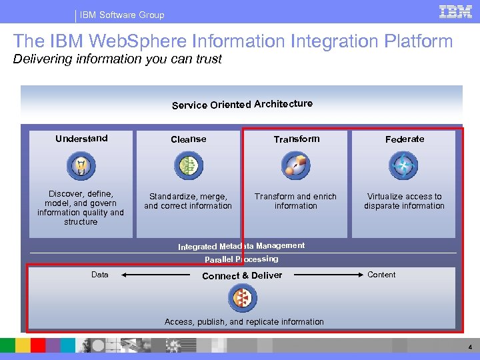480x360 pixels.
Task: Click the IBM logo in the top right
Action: tap(455, 11)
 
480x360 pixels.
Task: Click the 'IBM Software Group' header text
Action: tap(122, 15)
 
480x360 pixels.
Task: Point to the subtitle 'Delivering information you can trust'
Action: tap(117, 59)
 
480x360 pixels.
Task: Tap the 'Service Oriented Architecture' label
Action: tap(242, 104)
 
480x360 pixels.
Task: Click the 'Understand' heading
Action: tap(81, 139)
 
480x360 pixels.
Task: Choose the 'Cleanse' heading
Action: tap(189, 139)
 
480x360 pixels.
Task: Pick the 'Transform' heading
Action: tap(297, 139)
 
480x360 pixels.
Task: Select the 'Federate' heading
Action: tap(405, 139)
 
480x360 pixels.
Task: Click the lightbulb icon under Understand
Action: tap(81, 165)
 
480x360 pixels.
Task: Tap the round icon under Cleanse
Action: tap(189, 165)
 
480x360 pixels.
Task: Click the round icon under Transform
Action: tap(295, 165)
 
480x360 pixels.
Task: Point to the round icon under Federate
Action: tap(403, 165)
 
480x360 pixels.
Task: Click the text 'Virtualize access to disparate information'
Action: tap(404, 201)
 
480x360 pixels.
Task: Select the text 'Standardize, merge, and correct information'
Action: tap(188, 201)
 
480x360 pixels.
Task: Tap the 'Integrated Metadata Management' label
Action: tap(241, 247)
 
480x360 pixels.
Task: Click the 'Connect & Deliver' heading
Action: tap(242, 275)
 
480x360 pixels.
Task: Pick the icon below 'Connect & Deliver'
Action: tap(241, 298)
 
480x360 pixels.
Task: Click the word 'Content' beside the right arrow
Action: tap(381, 275)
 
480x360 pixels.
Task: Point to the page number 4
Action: tap(470, 347)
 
